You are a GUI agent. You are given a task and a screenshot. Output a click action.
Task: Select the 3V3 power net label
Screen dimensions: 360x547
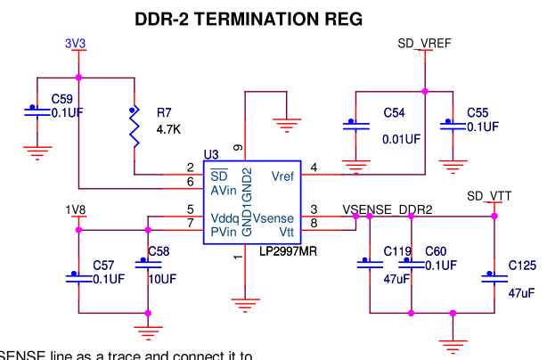tap(76, 43)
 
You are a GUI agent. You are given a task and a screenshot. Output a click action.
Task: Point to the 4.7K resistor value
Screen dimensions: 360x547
tap(168, 129)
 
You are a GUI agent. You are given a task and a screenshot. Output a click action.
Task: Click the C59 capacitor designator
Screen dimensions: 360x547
tap(62, 98)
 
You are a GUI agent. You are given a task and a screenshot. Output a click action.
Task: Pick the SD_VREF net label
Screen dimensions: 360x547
tap(423, 43)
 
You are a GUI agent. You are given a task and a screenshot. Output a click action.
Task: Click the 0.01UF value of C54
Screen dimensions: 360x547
tap(402, 139)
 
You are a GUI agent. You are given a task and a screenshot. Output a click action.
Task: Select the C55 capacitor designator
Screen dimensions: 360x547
tap(478, 113)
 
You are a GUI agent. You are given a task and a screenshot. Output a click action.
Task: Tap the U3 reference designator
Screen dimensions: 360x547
tap(211, 155)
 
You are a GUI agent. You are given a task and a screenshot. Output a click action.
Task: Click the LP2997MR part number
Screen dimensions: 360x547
tap(288, 251)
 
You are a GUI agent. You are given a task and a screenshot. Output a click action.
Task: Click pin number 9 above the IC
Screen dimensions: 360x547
tap(237, 147)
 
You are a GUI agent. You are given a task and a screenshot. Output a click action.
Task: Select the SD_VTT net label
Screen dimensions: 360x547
tap(489, 196)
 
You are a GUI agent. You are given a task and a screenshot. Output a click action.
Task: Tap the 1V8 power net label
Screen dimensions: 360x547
tap(76, 209)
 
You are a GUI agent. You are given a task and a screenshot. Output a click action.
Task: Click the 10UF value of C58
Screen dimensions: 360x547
tap(160, 279)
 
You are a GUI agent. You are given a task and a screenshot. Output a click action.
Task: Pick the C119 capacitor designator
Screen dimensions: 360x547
tap(397, 252)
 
